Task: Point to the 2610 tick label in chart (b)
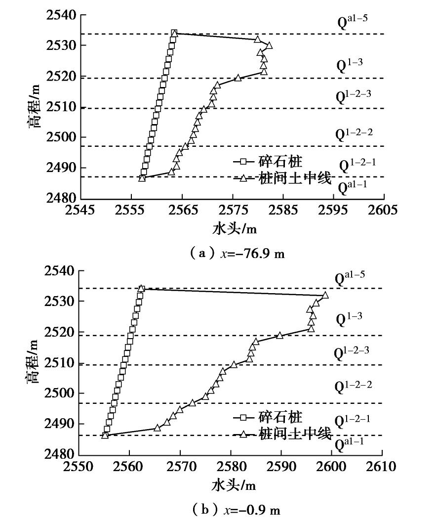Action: [x=382, y=466]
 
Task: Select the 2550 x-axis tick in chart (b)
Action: [x=79, y=466]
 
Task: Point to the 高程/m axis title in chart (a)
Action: [x=34, y=107]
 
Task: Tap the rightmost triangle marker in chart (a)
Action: [x=269, y=45]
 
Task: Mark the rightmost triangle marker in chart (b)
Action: [x=325, y=295]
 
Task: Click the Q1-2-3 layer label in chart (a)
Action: [x=354, y=95]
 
